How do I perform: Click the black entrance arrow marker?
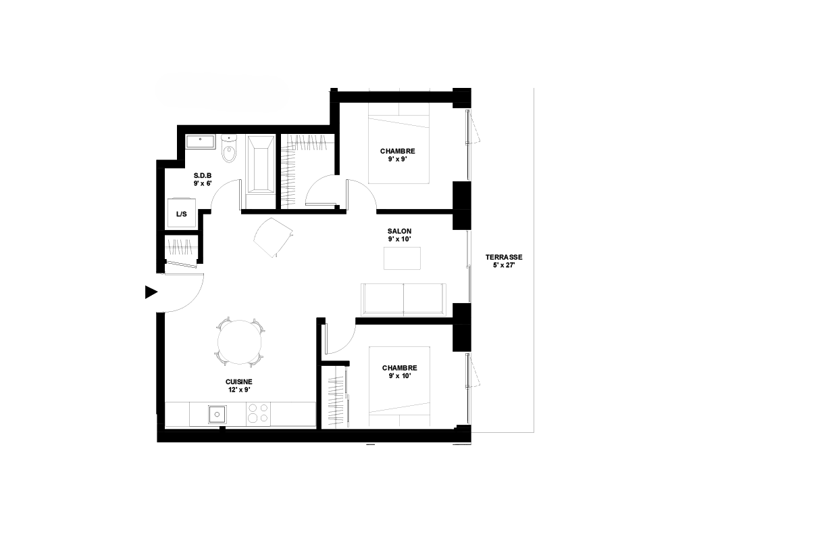pos(151,292)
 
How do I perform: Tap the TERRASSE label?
pos(504,257)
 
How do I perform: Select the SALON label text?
pos(399,231)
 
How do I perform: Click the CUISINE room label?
pos(239,382)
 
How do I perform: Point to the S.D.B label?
pos(203,175)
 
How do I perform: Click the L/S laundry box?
pos(182,213)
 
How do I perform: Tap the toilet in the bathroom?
pos(229,149)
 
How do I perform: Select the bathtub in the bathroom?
pos(261,164)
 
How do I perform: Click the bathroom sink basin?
pos(200,142)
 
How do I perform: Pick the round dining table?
pos(240,342)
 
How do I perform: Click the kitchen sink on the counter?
pos(217,415)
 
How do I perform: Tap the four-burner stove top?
pos(258,413)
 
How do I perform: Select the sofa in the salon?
pos(403,300)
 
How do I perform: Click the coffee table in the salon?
pos(402,258)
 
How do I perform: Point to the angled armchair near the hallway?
pos(273,237)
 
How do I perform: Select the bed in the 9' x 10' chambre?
pos(399,386)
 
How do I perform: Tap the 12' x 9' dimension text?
pos(239,390)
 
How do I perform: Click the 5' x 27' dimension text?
pos(504,265)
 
